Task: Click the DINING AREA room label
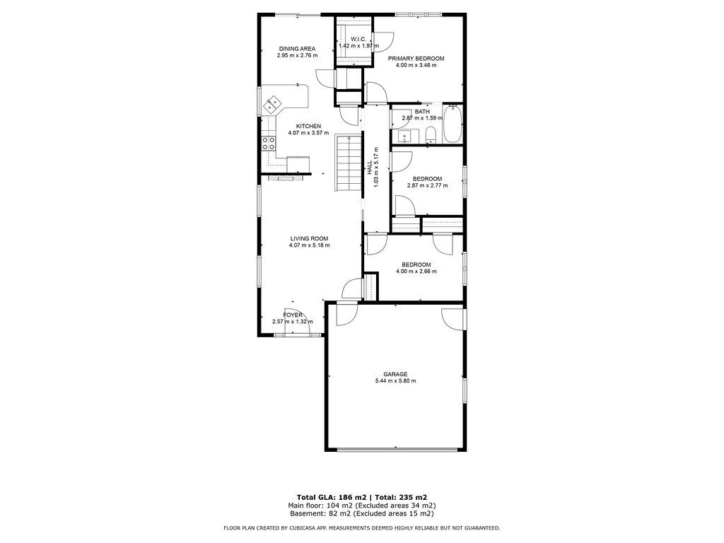pos(297,49)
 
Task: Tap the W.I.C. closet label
pos(358,40)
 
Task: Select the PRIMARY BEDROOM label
pos(416,59)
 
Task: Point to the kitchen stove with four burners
pos(269,143)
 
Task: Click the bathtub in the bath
pos(452,124)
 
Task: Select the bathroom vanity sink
pos(404,136)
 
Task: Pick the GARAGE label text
pos(395,375)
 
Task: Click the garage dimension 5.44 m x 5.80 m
pos(395,381)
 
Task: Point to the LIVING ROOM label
pos(310,239)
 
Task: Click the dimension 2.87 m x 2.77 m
pos(427,186)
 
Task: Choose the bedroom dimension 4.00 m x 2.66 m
pos(416,271)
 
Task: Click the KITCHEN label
pos(308,127)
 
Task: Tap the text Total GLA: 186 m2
pos(331,497)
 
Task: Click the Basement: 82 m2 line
pos(361,513)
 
